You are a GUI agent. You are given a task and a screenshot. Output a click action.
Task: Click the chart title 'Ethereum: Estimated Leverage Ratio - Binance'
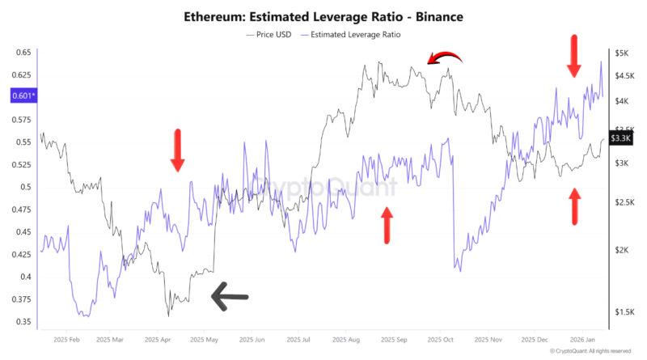[323, 16]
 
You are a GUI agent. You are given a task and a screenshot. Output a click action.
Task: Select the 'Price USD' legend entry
[269, 35]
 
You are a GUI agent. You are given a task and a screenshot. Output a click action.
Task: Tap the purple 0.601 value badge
[22, 96]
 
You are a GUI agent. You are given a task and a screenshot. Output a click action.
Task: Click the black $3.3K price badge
[621, 138]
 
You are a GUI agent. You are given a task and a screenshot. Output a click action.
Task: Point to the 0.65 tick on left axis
[22, 53]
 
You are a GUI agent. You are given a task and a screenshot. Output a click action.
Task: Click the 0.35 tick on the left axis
[22, 321]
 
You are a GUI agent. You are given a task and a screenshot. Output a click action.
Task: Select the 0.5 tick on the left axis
[25, 187]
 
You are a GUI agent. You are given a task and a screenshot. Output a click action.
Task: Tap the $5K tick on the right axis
[622, 53]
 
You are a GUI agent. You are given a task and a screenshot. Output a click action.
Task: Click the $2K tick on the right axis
[622, 250]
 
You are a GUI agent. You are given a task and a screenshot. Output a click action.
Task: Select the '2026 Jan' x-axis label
[584, 340]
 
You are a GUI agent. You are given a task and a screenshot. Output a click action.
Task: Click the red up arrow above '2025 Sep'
[387, 224]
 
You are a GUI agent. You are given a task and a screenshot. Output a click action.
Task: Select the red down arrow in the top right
[573, 56]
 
